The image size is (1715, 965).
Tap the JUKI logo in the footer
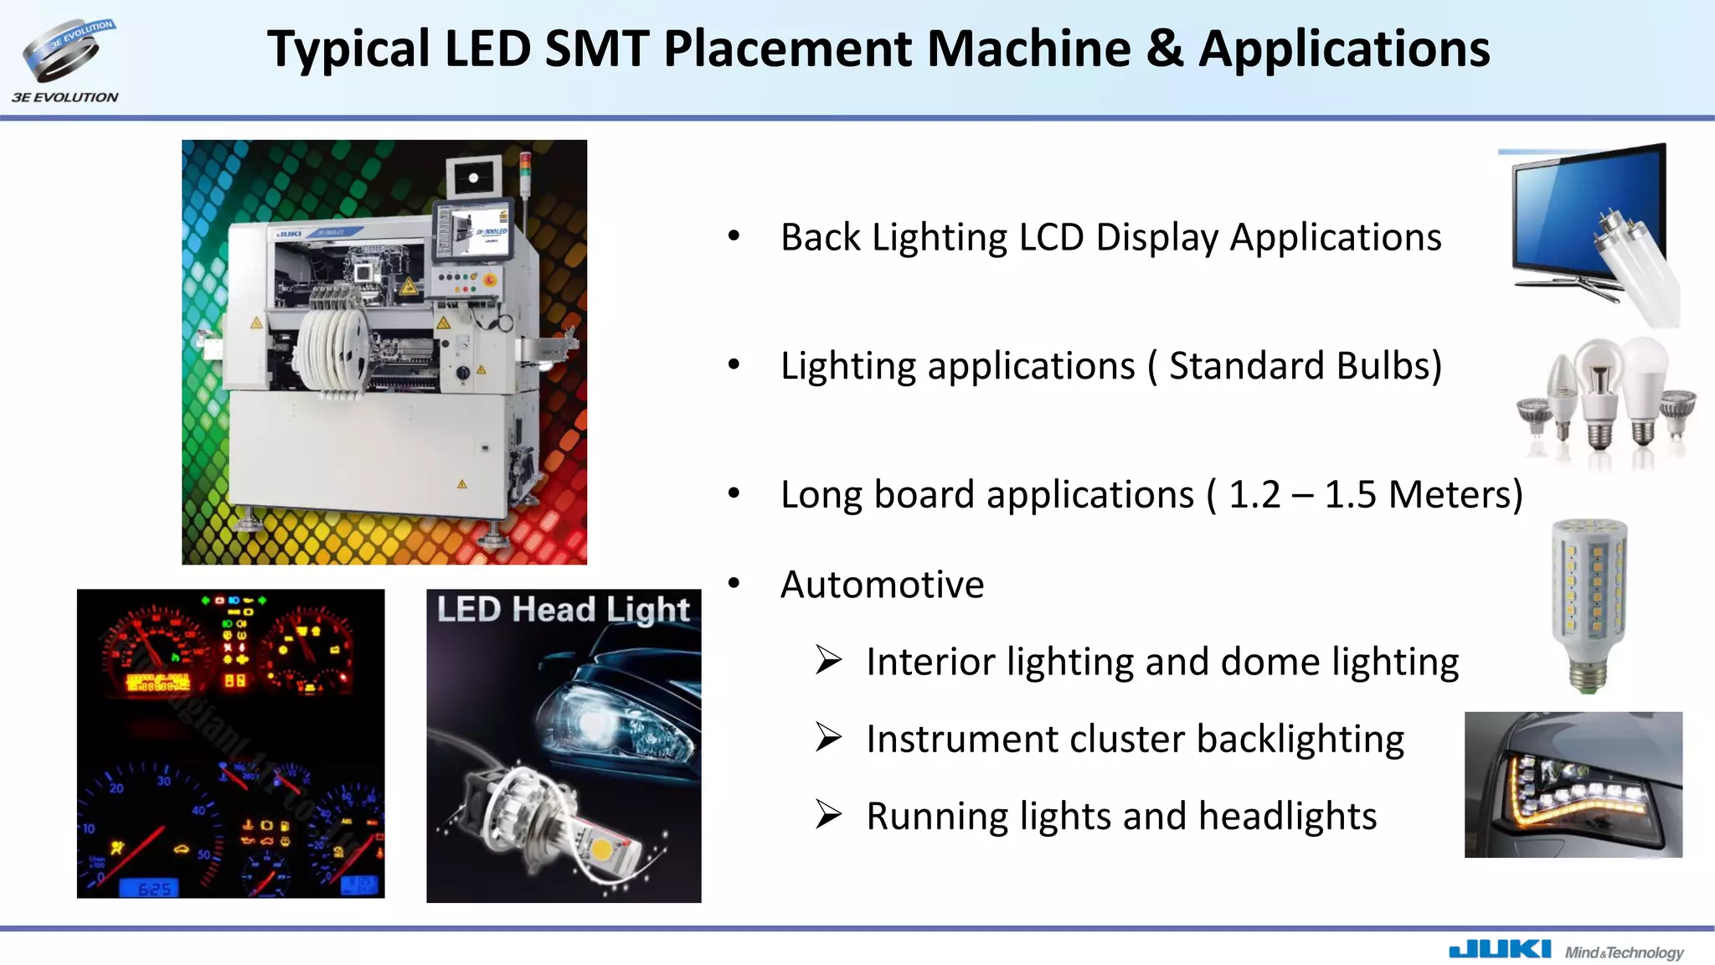1499,949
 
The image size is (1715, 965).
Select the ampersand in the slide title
1165,49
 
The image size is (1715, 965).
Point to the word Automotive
882,585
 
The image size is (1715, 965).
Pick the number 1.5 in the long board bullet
1350,495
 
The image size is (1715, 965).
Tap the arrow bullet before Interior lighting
828,661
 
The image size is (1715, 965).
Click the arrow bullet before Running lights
828,815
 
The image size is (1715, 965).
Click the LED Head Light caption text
563,610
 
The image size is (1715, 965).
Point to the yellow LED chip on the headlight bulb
601,849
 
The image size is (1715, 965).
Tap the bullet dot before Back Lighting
734,237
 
